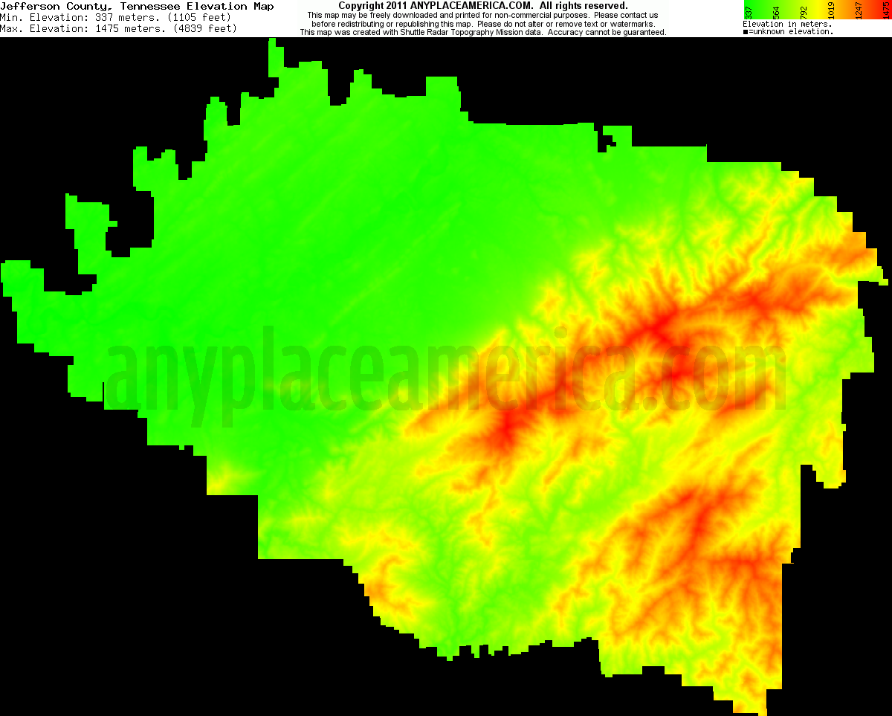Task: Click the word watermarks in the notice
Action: tap(632, 24)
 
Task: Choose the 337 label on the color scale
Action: tap(749, 10)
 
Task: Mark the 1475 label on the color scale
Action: tap(885, 10)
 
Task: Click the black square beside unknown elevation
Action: tap(746, 32)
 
